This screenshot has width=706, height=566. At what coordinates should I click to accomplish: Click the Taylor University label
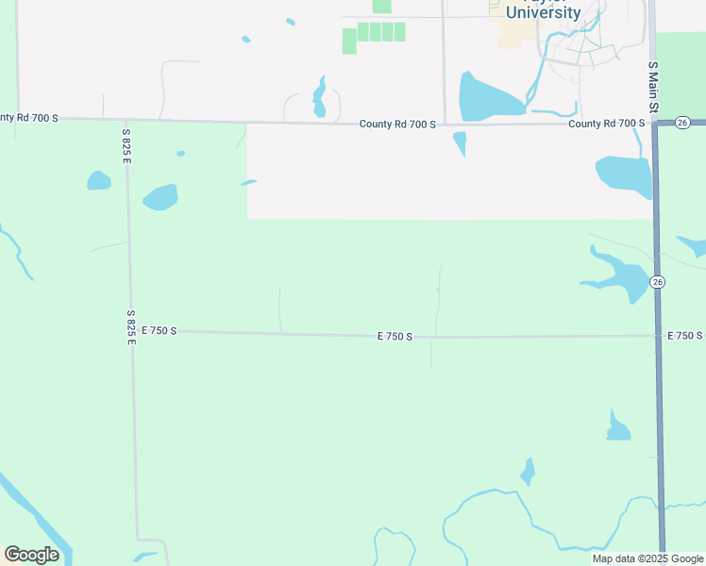pos(543,11)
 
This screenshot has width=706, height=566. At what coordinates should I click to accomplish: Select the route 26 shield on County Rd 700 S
pos(684,123)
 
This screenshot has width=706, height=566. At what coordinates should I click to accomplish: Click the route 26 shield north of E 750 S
pos(658,282)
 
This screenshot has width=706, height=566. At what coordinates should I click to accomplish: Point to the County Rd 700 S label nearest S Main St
pos(606,124)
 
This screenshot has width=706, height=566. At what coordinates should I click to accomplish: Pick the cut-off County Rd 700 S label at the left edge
pos(29,118)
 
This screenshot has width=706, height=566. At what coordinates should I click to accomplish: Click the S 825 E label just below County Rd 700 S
pos(126,146)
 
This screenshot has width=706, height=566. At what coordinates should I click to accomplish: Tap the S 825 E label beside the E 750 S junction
pos(131,326)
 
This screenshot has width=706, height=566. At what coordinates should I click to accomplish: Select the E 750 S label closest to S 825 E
pos(160,331)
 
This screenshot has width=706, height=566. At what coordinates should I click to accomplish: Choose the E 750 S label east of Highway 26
pos(684,336)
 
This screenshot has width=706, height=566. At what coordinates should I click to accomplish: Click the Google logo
pos(31,555)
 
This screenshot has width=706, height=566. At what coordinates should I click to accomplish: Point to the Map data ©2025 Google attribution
pos(648,558)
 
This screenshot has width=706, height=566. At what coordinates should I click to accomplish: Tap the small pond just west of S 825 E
pos(98,180)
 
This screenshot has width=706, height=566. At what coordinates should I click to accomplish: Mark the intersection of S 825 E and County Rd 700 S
pos(126,121)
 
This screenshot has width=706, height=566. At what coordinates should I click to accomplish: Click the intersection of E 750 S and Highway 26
pos(658,336)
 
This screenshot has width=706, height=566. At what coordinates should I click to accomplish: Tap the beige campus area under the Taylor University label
pos(514,35)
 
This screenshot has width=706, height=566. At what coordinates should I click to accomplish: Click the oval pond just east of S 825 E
pos(160,196)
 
